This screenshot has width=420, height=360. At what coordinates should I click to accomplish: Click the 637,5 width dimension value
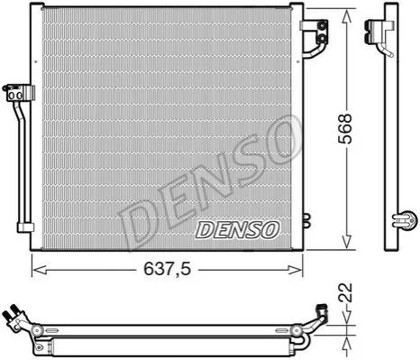tap(167, 269)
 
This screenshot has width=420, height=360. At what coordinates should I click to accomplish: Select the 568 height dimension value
tap(344, 129)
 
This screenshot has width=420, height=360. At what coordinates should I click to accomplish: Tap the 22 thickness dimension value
tap(345, 292)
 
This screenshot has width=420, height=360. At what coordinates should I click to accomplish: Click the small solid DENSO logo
tap(237, 230)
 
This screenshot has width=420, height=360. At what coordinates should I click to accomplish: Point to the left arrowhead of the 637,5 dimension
tap(40, 270)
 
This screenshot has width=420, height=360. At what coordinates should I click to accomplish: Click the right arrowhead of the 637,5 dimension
tap(295, 270)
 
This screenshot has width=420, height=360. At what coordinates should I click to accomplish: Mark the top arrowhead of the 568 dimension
tap(347, 17)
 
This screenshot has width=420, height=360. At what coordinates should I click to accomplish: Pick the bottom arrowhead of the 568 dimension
tap(347, 241)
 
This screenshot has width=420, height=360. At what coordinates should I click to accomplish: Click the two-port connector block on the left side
tap(18, 93)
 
